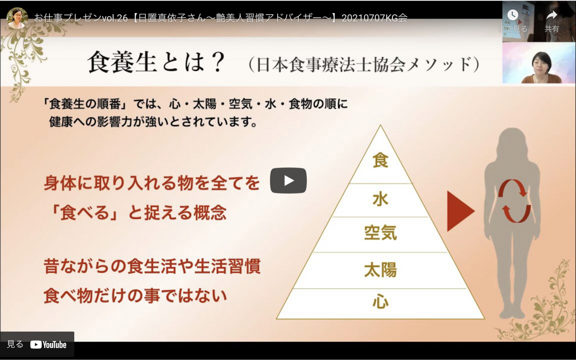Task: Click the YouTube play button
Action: (x=288, y=180)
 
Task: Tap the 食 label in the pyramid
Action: (x=380, y=160)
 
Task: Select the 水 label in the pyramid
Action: (x=380, y=199)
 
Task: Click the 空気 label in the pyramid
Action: (x=381, y=233)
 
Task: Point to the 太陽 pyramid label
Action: (x=381, y=270)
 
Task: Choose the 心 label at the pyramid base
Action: (x=381, y=301)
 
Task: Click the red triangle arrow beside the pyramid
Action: (x=460, y=211)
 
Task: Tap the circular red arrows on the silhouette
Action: (x=514, y=201)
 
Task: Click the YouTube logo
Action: (x=48, y=345)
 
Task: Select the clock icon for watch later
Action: (x=513, y=15)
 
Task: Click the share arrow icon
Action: (x=551, y=15)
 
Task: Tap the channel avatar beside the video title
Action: (x=17, y=18)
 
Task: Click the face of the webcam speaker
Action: (x=541, y=63)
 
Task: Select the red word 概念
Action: (x=210, y=213)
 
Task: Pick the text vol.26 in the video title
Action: (x=115, y=18)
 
